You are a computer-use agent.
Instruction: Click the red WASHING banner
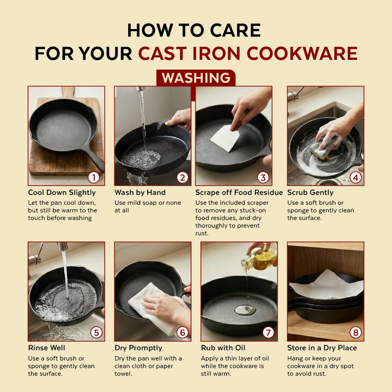196,78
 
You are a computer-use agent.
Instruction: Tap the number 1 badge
94,178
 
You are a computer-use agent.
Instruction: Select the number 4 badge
356,178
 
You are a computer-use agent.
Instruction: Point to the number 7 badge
268,332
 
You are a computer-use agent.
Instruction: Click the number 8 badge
356,332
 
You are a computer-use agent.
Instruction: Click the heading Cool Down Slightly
62,192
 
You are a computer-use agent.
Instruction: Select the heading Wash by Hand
140,192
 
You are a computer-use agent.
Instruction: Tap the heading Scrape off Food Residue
239,192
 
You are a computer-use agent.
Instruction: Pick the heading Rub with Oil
223,348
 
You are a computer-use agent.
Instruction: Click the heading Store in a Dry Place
322,348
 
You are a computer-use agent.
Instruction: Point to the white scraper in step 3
225,138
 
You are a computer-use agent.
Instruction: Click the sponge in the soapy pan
323,148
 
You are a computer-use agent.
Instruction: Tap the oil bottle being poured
260,258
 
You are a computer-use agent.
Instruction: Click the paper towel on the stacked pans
326,286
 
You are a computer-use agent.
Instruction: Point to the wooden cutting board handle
68,92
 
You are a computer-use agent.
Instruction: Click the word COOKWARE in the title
302,53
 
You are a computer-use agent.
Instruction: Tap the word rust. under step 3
202,233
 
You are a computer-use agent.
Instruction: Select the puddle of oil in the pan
245,310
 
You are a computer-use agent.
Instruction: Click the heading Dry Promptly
138,348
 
